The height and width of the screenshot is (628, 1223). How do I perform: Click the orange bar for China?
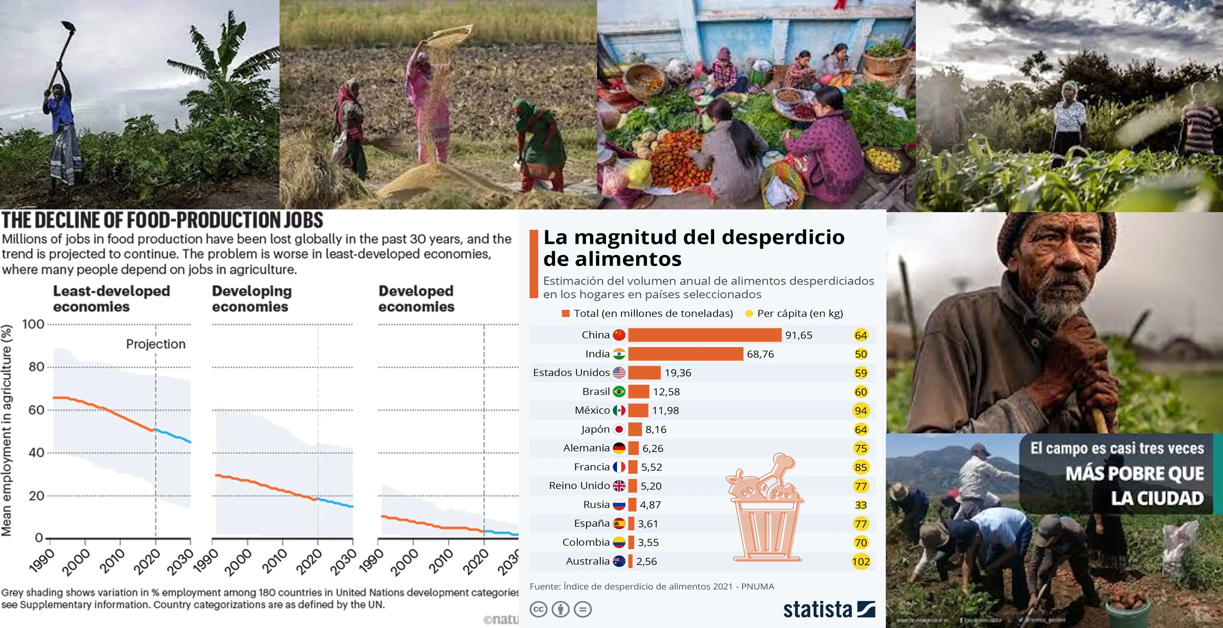tap(704, 335)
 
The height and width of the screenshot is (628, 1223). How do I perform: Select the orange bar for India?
tap(685, 354)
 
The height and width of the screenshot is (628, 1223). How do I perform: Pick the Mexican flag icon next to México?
tap(619, 410)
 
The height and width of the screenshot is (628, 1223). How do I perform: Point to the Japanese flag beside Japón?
tap(619, 429)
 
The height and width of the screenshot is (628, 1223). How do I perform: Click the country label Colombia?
tap(586, 542)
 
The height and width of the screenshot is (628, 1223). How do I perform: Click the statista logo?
tap(829, 609)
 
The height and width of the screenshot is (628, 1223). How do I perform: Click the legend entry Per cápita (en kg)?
tap(799, 314)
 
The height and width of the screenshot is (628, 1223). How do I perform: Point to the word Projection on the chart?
tap(156, 344)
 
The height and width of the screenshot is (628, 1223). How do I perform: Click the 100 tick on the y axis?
tap(33, 324)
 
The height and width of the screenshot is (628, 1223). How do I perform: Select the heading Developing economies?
tap(252, 299)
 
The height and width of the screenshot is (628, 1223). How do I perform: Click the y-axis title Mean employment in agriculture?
tap(7, 430)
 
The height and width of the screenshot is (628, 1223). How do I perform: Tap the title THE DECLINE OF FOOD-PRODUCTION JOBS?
tap(163, 221)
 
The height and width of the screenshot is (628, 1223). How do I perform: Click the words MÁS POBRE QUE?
tap(1134, 474)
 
